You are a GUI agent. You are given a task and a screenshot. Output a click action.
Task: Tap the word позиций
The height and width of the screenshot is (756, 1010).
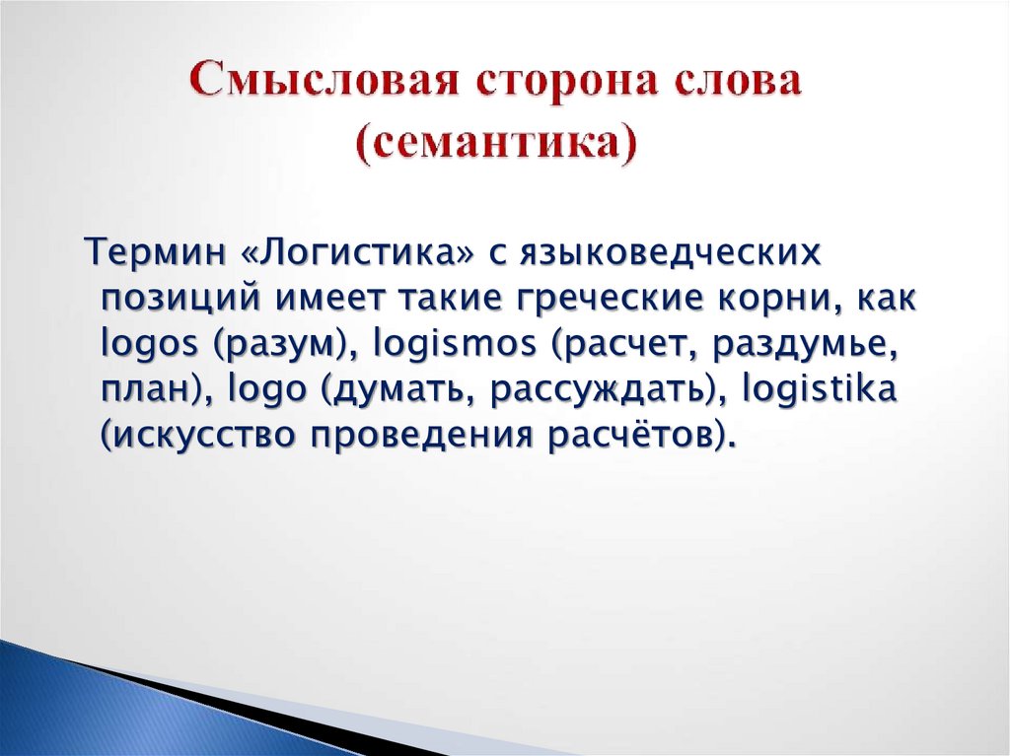[x=180, y=299]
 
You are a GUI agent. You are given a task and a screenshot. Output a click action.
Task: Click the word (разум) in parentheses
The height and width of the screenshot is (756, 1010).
[x=278, y=344]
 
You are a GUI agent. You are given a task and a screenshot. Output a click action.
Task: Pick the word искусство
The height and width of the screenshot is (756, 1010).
[x=201, y=434]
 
